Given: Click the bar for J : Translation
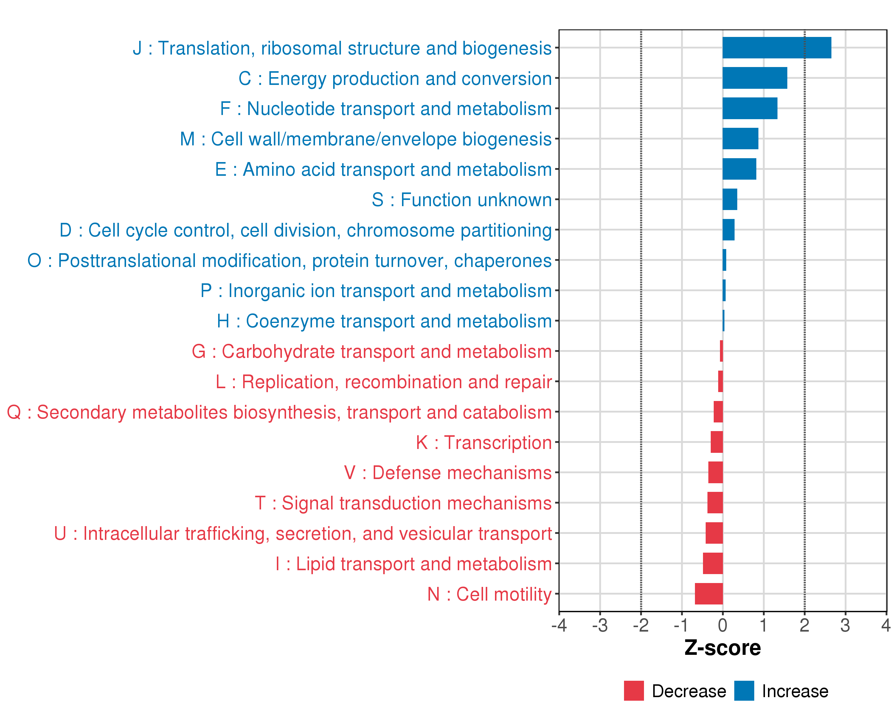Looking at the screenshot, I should (x=776, y=48).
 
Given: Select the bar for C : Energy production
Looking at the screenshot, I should (x=754, y=78).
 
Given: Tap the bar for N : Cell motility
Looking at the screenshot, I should (x=709, y=593).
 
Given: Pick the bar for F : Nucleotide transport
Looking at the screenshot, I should (x=750, y=108).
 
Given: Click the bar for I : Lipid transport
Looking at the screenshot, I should (x=713, y=563).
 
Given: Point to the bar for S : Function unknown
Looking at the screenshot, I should (x=730, y=199).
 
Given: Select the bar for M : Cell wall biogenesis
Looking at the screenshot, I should (x=740, y=139).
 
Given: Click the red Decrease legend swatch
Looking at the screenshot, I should (x=634, y=691).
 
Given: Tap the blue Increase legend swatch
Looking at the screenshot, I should (x=744, y=691).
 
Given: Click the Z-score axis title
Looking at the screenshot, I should (x=722, y=648).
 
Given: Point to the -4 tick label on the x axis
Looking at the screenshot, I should (x=559, y=625).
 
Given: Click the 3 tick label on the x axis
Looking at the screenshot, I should (x=845, y=625).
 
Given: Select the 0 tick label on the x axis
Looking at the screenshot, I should (x=722, y=625).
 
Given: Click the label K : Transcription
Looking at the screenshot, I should (x=483, y=443).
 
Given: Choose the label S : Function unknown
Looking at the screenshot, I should (x=462, y=200).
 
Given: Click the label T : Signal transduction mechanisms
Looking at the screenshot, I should (x=403, y=503).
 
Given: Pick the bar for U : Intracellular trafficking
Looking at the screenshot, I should (x=714, y=533).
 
